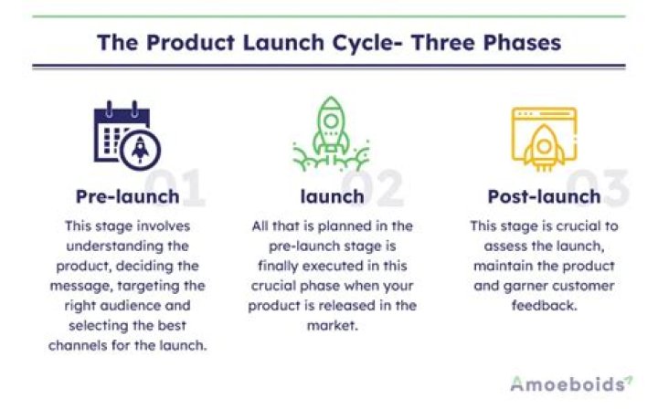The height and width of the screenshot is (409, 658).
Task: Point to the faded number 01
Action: pyautogui.click(x=179, y=186)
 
